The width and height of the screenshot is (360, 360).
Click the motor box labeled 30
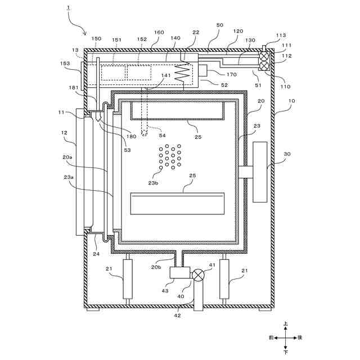click(261, 172)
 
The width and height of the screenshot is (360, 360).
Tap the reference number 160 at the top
click(159, 33)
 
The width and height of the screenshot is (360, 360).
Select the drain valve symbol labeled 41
click(198, 275)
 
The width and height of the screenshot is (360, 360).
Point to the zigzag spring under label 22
click(182, 74)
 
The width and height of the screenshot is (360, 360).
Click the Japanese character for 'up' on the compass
click(286, 324)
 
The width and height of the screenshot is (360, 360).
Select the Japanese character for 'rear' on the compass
click(300, 337)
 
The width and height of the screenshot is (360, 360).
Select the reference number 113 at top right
click(281, 35)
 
